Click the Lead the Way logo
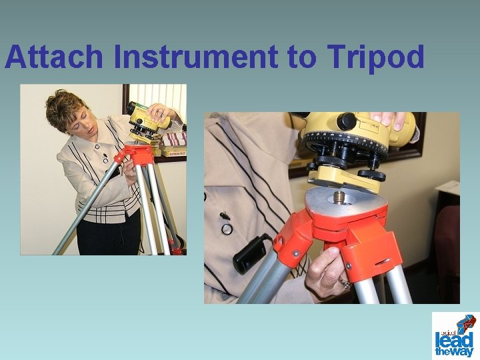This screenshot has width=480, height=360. pos(455,335)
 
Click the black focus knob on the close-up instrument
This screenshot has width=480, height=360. pos(346,121)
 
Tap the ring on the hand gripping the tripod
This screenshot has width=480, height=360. pos(344,283)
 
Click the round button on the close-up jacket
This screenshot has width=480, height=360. pos(227,229)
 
